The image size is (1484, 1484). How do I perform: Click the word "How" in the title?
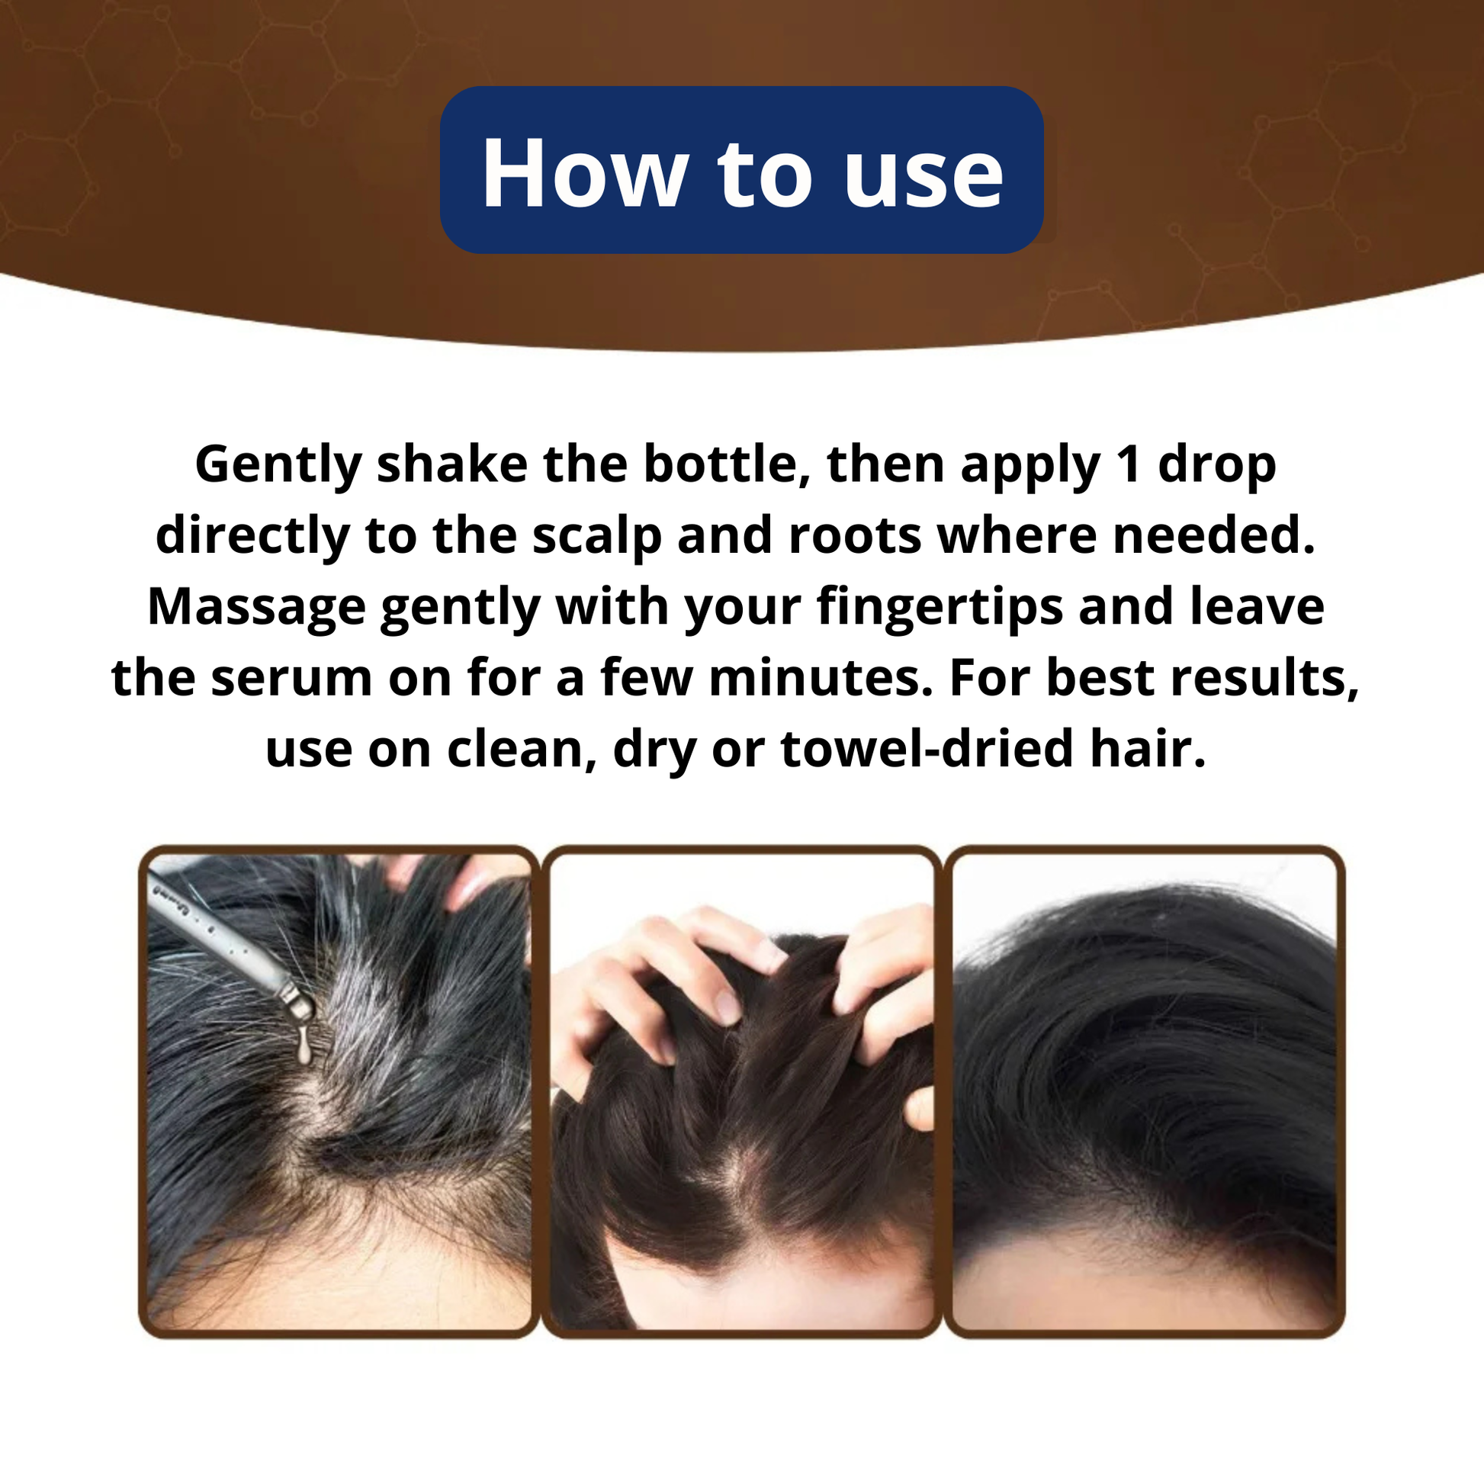pos(585,172)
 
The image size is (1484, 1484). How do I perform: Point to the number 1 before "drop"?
pos(1129,465)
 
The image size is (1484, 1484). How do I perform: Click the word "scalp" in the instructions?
pos(596,536)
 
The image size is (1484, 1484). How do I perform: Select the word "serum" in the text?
pos(292,679)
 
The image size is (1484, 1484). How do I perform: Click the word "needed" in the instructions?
pos(1214,535)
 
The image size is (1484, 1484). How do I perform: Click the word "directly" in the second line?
pos(252,536)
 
